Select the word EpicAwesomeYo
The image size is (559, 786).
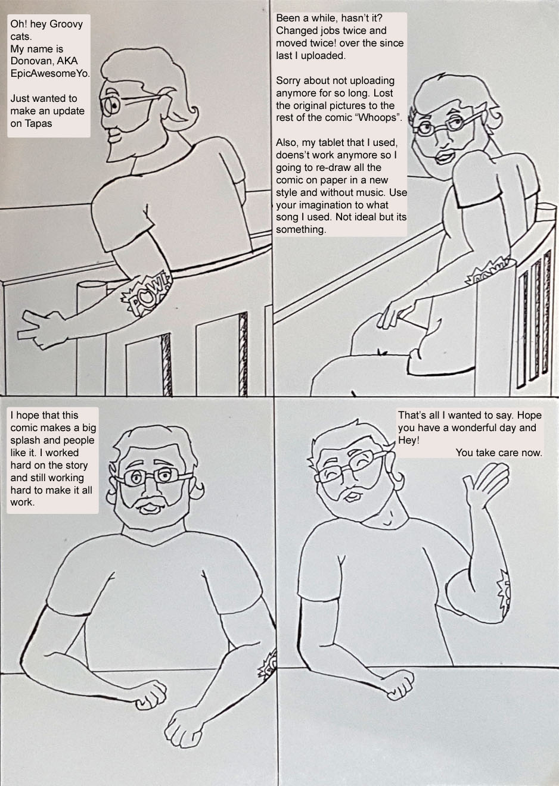(50, 74)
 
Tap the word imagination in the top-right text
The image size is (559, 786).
(330, 205)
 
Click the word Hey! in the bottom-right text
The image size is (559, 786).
(409, 441)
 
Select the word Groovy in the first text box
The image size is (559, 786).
(66, 24)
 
